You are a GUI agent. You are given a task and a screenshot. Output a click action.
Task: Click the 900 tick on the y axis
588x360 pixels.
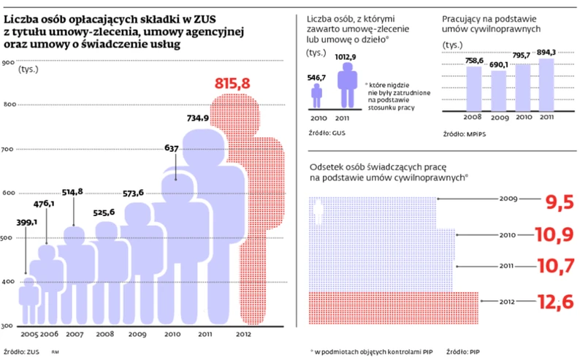(x=9, y=63)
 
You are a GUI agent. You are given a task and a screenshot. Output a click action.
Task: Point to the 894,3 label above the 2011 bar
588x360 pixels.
(x=545, y=52)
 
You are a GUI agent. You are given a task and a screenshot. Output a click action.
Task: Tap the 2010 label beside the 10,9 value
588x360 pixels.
(x=508, y=235)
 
